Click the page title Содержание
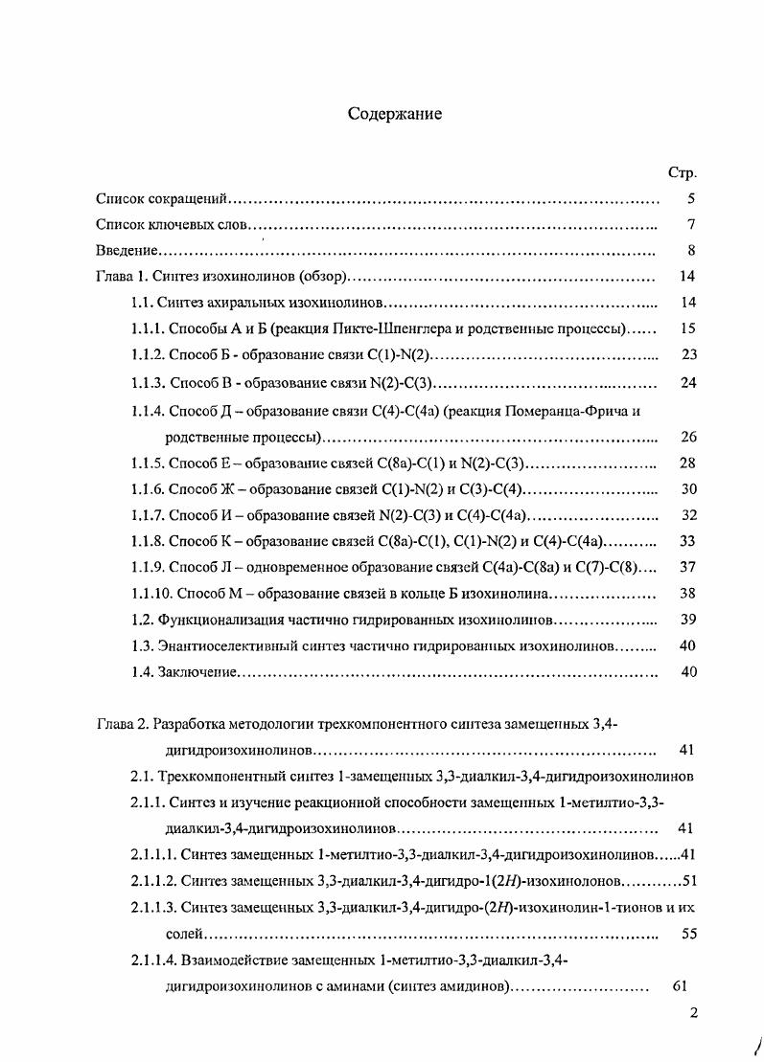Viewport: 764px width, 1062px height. click(x=394, y=114)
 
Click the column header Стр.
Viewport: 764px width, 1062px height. click(x=681, y=173)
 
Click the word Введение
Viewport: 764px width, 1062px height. click(x=127, y=251)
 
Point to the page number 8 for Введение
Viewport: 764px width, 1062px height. click(x=690, y=251)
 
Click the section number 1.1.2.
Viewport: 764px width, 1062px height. click(x=148, y=355)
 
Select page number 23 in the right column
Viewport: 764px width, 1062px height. click(x=687, y=355)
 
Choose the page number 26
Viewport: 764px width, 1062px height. click(x=687, y=438)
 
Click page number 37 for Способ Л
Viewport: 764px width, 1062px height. click(x=687, y=567)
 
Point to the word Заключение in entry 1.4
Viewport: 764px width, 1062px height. click(x=197, y=672)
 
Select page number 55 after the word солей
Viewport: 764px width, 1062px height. click(x=687, y=934)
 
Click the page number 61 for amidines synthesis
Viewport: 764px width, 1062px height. click(x=680, y=986)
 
